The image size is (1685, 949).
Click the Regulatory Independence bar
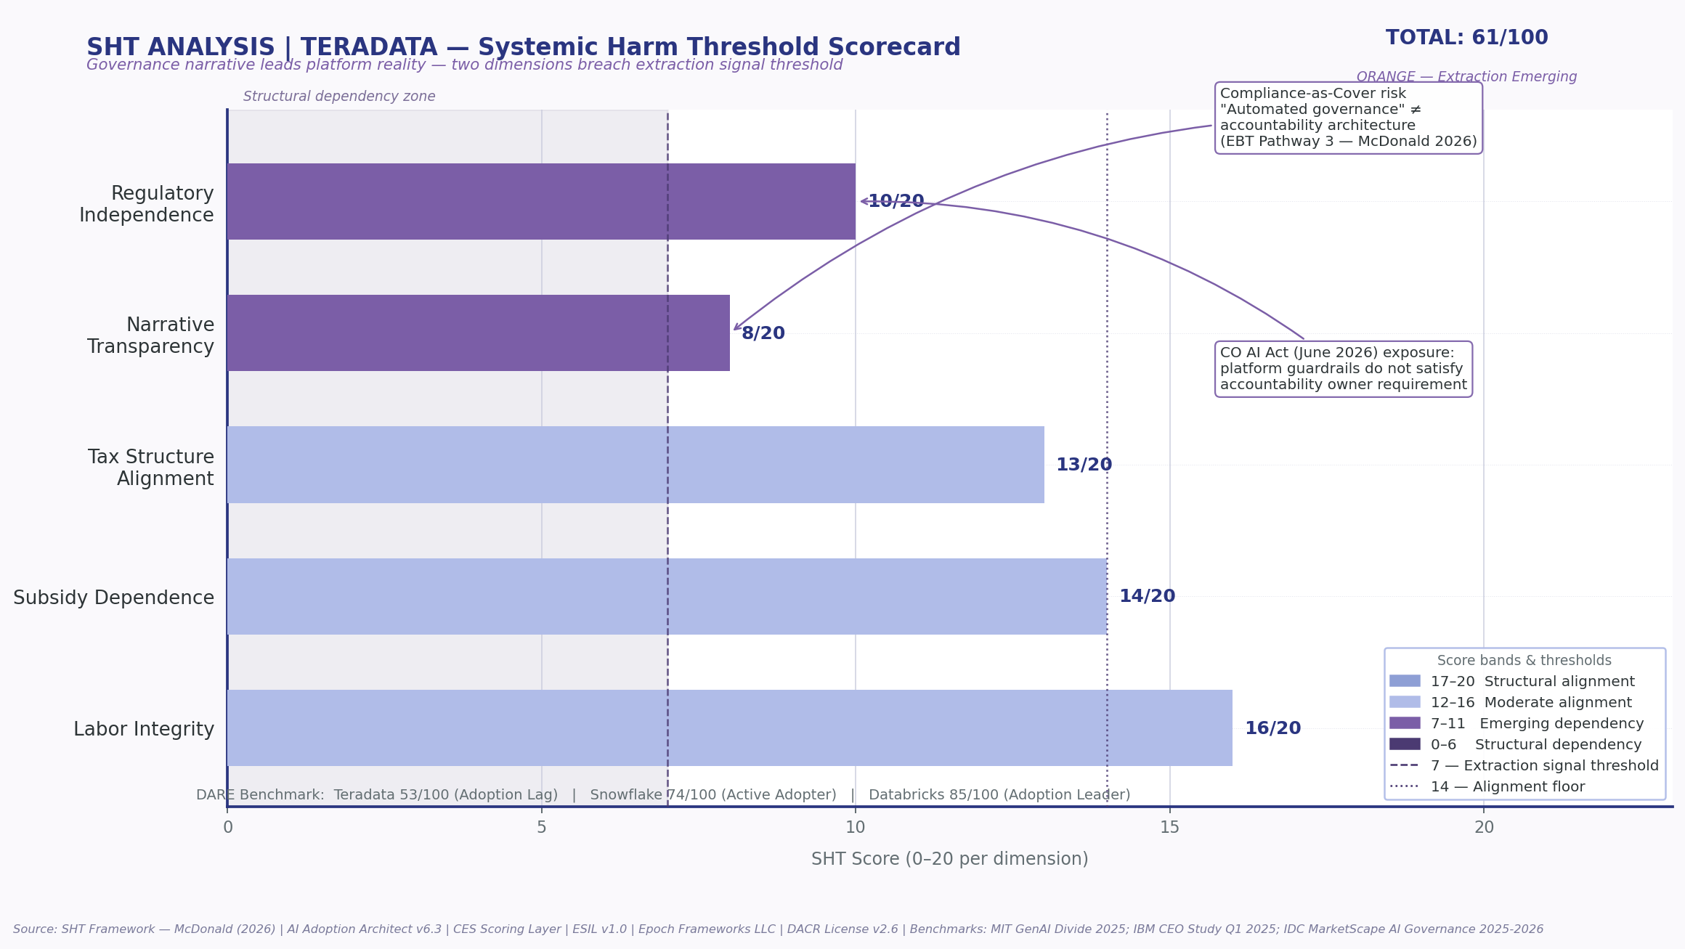tap(541, 202)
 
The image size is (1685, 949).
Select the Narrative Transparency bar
tap(479, 333)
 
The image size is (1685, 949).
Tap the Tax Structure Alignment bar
tap(636, 465)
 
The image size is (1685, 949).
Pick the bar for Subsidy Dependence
tap(667, 596)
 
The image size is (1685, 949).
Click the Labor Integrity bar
tap(729, 728)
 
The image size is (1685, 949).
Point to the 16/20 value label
tap(1272, 729)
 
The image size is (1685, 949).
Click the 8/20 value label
tap(763, 334)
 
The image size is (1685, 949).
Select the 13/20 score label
tap(1084, 465)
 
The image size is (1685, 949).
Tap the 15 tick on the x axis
tap(1169, 828)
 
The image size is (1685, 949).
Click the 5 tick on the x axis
tap(541, 828)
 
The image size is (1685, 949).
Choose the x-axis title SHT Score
tap(949, 860)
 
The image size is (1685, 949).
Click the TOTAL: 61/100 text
tap(1466, 38)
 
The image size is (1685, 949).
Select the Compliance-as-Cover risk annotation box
tap(1348, 118)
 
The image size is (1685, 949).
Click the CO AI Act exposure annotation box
tap(1343, 369)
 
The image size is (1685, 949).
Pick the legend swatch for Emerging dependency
tap(1404, 723)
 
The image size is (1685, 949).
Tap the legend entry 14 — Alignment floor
tap(1507, 787)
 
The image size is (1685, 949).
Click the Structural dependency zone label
tap(339, 97)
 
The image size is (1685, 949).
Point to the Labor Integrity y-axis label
tap(144, 730)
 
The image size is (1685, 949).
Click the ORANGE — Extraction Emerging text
tap(1466, 77)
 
